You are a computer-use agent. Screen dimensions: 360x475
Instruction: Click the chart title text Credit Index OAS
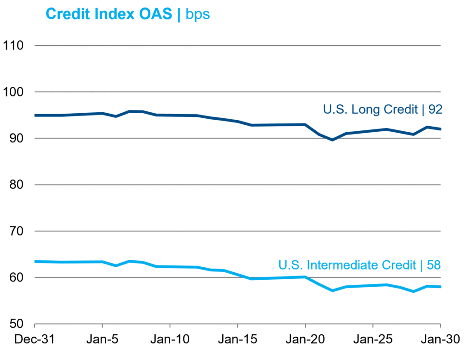click(110, 14)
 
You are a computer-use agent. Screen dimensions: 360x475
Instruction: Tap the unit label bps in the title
click(198, 15)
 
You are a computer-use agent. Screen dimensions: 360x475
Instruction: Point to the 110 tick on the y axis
click(13, 45)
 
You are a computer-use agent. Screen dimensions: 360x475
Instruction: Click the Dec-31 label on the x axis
click(35, 340)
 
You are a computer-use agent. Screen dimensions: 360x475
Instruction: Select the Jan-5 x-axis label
click(102, 340)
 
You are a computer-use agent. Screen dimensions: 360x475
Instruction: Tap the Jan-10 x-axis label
click(170, 340)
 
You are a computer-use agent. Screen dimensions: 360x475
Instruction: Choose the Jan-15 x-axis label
click(237, 340)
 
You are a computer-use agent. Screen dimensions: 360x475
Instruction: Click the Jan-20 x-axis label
click(305, 340)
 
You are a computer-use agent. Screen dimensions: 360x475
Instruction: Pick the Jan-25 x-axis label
click(372, 340)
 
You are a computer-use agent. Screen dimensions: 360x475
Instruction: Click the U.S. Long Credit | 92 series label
click(383, 110)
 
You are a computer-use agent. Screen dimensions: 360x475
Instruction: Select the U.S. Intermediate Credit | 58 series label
click(359, 265)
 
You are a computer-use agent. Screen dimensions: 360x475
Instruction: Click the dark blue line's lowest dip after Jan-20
click(332, 140)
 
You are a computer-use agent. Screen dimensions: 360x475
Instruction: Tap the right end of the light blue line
click(440, 287)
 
